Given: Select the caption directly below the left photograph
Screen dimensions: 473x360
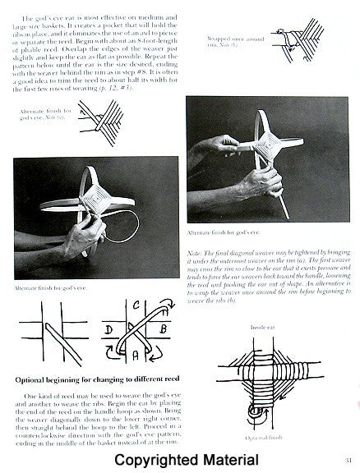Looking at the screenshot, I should coord(48,288).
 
